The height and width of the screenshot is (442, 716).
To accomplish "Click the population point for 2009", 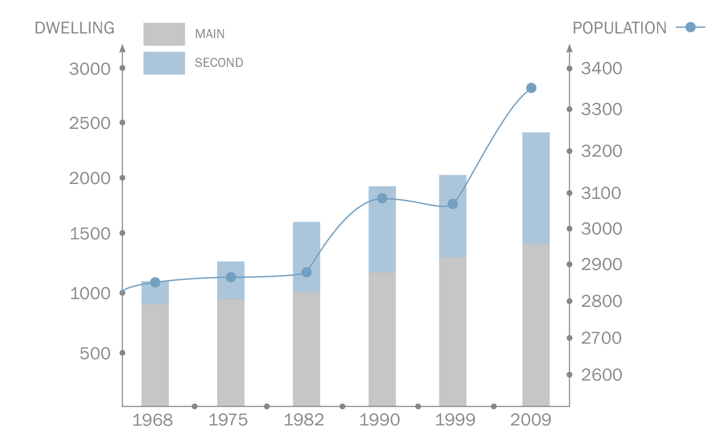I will coord(531,88).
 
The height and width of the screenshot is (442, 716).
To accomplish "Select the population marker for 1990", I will coord(382,198).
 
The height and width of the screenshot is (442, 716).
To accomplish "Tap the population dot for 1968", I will coord(155,282).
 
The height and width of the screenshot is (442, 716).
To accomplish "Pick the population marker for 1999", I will coord(453,204).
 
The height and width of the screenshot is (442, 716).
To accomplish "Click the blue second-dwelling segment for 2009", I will coord(536,188).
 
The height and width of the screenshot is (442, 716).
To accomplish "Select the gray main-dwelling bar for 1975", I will coord(231,352).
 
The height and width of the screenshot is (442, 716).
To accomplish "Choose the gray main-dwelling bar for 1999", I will coord(452,331).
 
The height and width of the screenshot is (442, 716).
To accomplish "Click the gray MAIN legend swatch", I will coord(164,34).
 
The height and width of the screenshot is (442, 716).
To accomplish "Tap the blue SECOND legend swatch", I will coord(164,63).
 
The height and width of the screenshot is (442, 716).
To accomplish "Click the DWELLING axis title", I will coord(75,28).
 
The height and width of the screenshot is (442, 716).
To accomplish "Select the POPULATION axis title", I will coord(620,28).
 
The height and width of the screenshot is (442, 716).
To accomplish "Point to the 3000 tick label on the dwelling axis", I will coord(90,69).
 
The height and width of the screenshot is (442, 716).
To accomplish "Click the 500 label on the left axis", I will coord(95,354).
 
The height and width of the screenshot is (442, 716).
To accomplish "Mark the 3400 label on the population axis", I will coord(602,68).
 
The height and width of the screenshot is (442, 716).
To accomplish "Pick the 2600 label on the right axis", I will coord(602,375).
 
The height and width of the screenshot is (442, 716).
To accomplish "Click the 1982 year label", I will coord(304,420).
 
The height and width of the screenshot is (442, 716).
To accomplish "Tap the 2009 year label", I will coord(531,420).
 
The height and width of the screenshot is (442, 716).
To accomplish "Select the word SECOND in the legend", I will coord(219,63).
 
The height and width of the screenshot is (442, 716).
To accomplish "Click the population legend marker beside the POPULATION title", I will coord(690,27).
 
